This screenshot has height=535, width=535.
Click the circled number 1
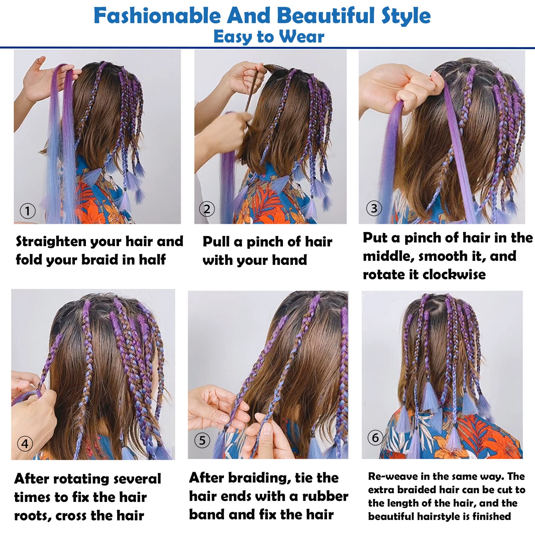coord(27,211)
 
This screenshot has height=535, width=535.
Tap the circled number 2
coord(207,209)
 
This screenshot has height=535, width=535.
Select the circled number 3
coord(374,208)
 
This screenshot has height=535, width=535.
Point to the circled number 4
coord(25,444)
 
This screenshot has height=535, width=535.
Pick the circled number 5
coord(202,440)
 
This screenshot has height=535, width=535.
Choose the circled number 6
coord(375,437)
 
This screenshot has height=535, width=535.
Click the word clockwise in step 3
coord(454,275)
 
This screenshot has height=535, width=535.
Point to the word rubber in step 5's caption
coord(325,496)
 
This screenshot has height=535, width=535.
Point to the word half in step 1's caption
coord(152,259)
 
